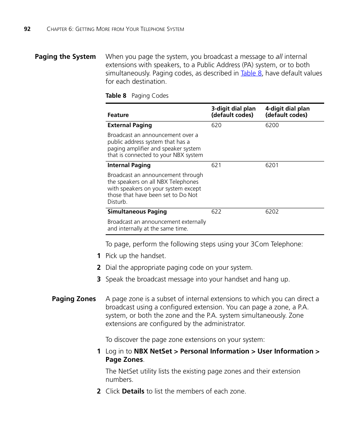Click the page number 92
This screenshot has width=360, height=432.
click(27, 29)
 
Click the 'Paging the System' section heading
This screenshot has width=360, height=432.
click(65, 57)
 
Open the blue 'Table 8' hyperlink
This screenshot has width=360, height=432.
click(251, 73)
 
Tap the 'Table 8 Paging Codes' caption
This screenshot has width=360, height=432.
click(137, 96)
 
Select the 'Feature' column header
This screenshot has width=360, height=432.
click(118, 115)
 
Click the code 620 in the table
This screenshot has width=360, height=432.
click(216, 125)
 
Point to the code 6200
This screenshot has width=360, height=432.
click(272, 125)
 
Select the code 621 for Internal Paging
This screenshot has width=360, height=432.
click(216, 165)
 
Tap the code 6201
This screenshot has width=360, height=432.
click(272, 165)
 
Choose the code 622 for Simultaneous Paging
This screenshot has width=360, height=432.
click(216, 212)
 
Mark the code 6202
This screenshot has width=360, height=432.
click(272, 212)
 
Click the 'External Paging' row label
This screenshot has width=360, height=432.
click(129, 125)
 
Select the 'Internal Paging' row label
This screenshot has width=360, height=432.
click(129, 165)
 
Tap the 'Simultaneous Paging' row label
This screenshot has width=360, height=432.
click(137, 212)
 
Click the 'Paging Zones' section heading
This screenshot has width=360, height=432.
click(74, 299)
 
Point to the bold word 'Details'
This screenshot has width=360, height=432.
click(133, 391)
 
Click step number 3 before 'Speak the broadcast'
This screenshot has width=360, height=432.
click(98, 280)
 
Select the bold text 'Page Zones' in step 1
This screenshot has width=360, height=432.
click(124, 360)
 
